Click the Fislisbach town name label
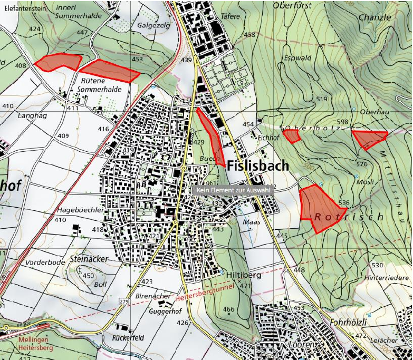click(x=258, y=166)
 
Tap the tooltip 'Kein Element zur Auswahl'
click(x=233, y=190)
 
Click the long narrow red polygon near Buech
click(x=212, y=136)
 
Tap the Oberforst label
click(x=292, y=5)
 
